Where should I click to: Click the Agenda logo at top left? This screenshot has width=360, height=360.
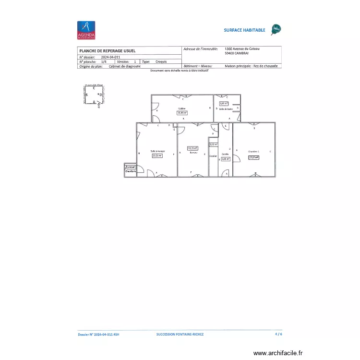86,30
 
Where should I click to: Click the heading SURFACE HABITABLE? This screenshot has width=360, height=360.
244,30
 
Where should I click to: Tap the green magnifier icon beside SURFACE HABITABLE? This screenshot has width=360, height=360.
276,30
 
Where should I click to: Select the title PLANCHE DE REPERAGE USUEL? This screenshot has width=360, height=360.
107,50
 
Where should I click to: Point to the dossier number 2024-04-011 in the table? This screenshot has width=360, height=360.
110,57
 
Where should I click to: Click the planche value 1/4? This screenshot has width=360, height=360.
104,62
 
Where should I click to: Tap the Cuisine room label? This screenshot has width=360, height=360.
182,108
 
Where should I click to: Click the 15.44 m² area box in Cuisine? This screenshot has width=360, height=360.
182,113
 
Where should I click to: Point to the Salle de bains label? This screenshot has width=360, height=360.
226,109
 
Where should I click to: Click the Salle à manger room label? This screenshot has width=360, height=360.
157,151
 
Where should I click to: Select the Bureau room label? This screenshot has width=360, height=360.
193,153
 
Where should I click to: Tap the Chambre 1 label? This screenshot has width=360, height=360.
253,151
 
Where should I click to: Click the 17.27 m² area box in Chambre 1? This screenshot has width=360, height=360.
253,156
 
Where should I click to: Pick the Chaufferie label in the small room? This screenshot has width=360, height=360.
131,171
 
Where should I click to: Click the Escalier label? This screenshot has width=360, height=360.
213,156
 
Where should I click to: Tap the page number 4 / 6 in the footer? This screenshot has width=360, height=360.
278,334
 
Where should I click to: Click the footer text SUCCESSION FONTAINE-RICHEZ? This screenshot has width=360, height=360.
180,334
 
